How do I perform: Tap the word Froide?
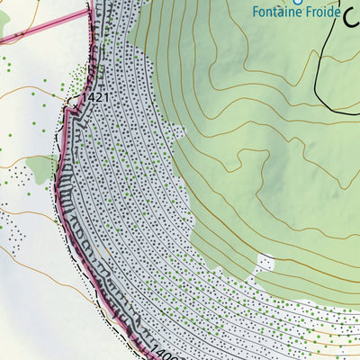[x=321, y=13]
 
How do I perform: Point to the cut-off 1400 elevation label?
[x=162, y=351]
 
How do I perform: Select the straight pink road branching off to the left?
[x=45, y=26]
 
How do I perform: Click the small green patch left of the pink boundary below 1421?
[x=40, y=167]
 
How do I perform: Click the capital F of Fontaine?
[x=256, y=13]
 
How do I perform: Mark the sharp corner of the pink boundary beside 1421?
[x=67, y=109]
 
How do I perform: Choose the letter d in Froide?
[x=328, y=13]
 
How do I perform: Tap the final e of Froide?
[x=337, y=13]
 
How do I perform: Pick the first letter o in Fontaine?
[x=263, y=13]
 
